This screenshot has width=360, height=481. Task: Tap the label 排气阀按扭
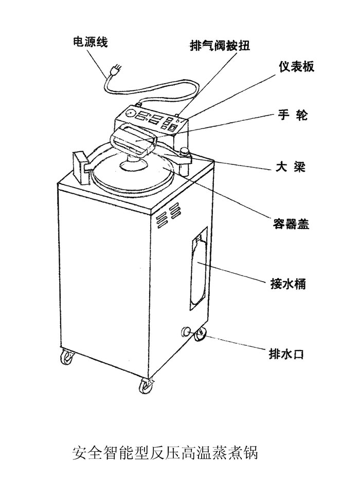[219, 46]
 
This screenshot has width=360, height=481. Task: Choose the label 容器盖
[291, 225]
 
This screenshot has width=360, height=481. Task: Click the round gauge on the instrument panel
[129, 113]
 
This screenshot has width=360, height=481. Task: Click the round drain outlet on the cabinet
[186, 330]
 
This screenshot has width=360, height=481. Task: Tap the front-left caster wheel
[67, 356]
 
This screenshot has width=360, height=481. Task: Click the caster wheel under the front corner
[146, 384]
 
